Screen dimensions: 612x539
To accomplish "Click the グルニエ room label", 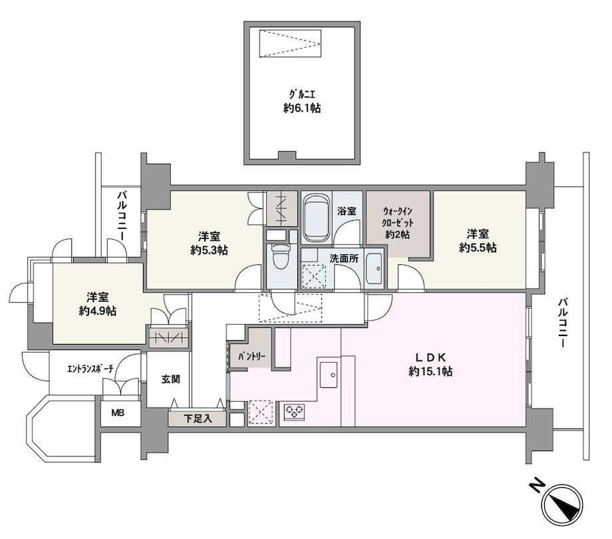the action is click(302, 94).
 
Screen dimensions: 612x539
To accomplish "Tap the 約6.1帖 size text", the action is click(302, 108).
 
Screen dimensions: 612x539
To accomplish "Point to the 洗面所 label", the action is click(343, 258).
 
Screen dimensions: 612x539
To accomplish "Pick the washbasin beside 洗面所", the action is click(374, 269).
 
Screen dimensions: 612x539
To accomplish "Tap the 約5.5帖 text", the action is click(478, 248).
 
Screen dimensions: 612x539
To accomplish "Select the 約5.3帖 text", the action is click(209, 250).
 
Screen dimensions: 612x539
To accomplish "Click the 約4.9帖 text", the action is click(97, 311).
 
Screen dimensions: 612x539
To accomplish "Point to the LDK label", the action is click(430, 357).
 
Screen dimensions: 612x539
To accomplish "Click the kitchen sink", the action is click(328, 375).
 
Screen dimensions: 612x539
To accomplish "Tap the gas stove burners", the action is click(294, 410).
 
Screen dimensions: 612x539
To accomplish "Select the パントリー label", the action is click(252, 357).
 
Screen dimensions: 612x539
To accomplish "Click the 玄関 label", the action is click(170, 379).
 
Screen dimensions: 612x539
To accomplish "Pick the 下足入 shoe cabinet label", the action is click(198, 419).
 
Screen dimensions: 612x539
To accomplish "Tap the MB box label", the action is click(118, 413).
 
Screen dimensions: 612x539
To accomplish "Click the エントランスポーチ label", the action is click(90, 369).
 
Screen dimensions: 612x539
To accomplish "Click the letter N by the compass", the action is click(537, 486).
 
